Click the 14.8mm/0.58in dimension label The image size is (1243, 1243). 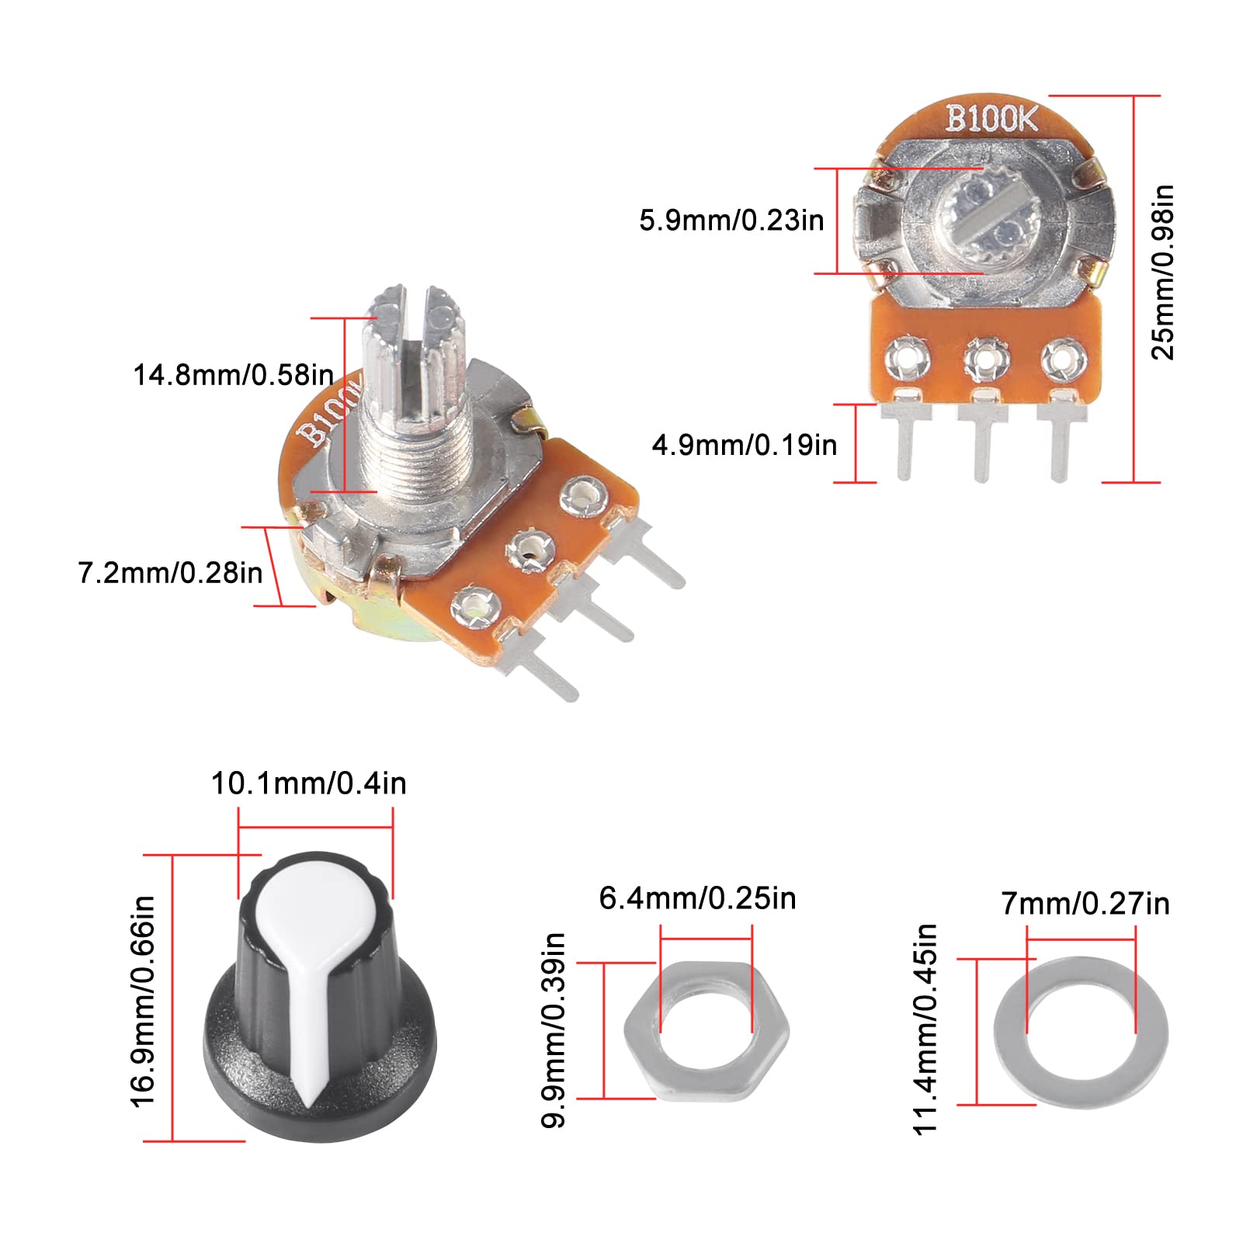(233, 375)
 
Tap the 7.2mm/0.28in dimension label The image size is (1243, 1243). (170, 573)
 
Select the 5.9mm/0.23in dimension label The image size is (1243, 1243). (731, 220)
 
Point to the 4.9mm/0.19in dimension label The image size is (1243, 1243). (744, 445)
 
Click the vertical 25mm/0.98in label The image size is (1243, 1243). (1162, 273)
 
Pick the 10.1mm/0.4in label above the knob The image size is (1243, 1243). (308, 783)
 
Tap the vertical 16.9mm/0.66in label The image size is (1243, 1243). (144, 1001)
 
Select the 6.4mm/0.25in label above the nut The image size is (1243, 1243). (697, 898)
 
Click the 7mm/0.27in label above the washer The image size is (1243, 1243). (1085, 904)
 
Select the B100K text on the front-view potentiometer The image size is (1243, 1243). (991, 119)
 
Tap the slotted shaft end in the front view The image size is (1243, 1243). (984, 220)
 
